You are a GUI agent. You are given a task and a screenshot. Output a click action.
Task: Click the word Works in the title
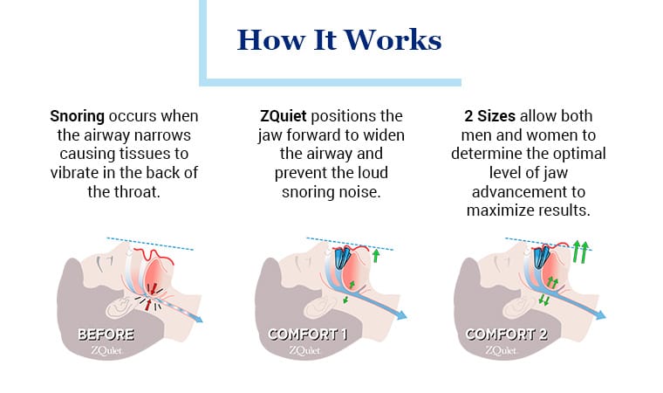393,40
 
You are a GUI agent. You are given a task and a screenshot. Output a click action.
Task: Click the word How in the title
271,40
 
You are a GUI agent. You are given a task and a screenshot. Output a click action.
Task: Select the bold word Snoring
77,116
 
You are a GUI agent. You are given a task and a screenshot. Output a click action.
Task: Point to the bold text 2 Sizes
489,116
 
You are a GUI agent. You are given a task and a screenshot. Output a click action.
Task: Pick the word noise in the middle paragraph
360,192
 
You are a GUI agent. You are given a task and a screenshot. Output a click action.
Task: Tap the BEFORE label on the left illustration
106,335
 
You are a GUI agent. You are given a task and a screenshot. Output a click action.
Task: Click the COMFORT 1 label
307,335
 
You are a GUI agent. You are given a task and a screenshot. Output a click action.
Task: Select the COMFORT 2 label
506,335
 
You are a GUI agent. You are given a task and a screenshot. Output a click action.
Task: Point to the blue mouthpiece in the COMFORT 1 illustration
342,258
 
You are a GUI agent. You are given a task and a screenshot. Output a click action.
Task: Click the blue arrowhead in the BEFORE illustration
199,318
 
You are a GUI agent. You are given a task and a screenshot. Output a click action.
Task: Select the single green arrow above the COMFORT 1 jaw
376,255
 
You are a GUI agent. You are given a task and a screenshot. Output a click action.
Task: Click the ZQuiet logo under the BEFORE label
106,351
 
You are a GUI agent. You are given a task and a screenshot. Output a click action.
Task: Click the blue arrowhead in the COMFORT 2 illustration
601,314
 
